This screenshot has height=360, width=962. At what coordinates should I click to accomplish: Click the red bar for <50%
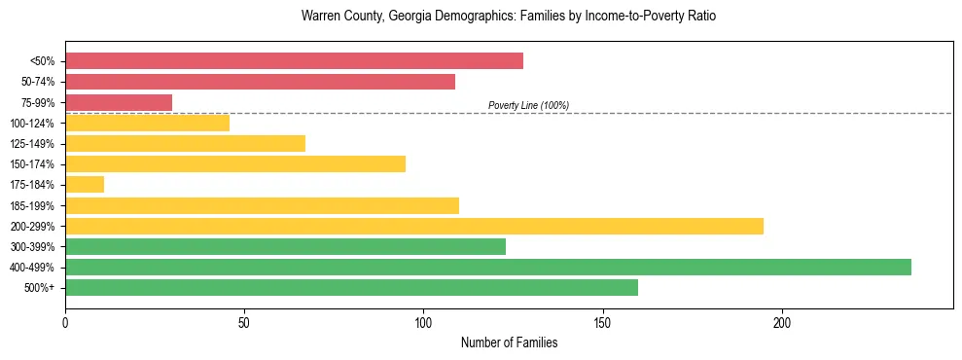pyautogui.click(x=294, y=61)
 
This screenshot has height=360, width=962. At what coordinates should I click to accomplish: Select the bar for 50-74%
pyautogui.click(x=260, y=82)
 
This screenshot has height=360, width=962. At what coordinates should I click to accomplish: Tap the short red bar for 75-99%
pyautogui.click(x=119, y=102)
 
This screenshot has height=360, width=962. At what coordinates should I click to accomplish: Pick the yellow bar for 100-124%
pyautogui.click(x=147, y=123)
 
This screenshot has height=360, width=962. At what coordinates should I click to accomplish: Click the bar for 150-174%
pyautogui.click(x=235, y=163)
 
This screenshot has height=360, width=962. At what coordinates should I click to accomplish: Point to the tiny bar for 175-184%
pyautogui.click(x=85, y=185)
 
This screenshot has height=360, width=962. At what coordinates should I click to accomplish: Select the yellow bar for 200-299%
pyautogui.click(x=414, y=226)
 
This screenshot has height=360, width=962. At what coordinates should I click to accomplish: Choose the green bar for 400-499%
pyautogui.click(x=488, y=267)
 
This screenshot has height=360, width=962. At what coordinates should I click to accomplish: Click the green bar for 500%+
pyautogui.click(x=351, y=287)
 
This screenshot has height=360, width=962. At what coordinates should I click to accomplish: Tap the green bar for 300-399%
pyautogui.click(x=285, y=246)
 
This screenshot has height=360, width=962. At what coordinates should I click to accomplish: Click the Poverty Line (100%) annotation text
pyautogui.click(x=528, y=105)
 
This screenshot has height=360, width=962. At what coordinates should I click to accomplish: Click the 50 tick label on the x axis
pyautogui.click(x=244, y=322)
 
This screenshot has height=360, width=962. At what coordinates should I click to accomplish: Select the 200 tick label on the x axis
pyautogui.click(x=782, y=322)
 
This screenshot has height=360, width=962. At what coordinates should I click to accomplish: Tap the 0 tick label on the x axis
pyautogui.click(x=65, y=322)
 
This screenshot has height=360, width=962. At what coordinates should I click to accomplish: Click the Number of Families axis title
pyautogui.click(x=509, y=343)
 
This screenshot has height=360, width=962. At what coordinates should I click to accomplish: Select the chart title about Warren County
pyautogui.click(x=509, y=17)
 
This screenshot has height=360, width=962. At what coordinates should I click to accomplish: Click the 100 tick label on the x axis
pyautogui.click(x=423, y=322)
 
